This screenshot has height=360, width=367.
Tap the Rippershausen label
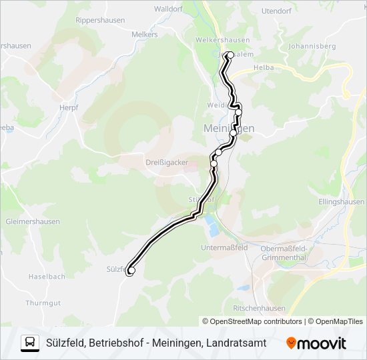tap(100, 20)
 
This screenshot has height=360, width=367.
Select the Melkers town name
tap(145, 34)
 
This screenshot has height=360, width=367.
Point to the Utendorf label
tap(278, 11)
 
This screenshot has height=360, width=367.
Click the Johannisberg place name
tap(311, 47)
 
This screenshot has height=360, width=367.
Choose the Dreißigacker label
tap(167, 162)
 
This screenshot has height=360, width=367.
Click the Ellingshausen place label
tap(340, 201)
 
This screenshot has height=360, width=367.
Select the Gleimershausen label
tap(32, 221)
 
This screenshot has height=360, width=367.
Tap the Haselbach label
tap(46, 276)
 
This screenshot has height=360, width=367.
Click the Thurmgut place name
tap(43, 302)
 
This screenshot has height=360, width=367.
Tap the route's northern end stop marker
tap(230, 55)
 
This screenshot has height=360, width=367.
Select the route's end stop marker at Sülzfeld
tap(131, 271)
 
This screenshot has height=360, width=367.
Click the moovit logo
tap(316, 343)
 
